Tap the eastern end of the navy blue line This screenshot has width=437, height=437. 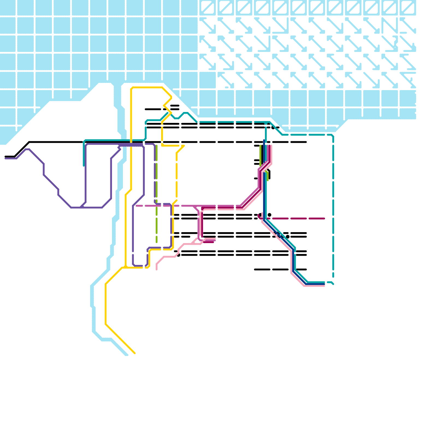click(x=324, y=284)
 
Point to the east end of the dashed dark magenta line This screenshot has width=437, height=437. click(x=324, y=218)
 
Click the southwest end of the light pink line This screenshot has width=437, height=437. click(x=157, y=270)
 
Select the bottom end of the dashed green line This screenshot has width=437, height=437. click(x=157, y=242)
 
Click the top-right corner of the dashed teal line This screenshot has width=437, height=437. click(x=333, y=136)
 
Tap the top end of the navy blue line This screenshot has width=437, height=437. click(x=264, y=140)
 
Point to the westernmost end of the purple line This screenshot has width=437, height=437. click(x=5, y=158)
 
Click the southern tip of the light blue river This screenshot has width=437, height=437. click(x=126, y=355)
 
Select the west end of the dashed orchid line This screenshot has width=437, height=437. click(x=136, y=206)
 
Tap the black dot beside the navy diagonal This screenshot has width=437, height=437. click(x=287, y=237)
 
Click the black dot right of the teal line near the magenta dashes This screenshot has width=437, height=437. click(x=270, y=215)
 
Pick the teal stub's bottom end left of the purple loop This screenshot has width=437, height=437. click(x=84, y=166)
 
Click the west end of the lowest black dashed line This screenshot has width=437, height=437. click(x=255, y=270)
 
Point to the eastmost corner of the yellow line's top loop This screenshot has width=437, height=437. click(x=171, y=97)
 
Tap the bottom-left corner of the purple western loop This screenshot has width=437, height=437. click(x=72, y=208)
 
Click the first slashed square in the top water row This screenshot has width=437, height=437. click(x=208, y=7)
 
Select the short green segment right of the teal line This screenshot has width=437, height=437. click(x=268, y=176)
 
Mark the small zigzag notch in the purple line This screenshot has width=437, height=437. click(x=119, y=148)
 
